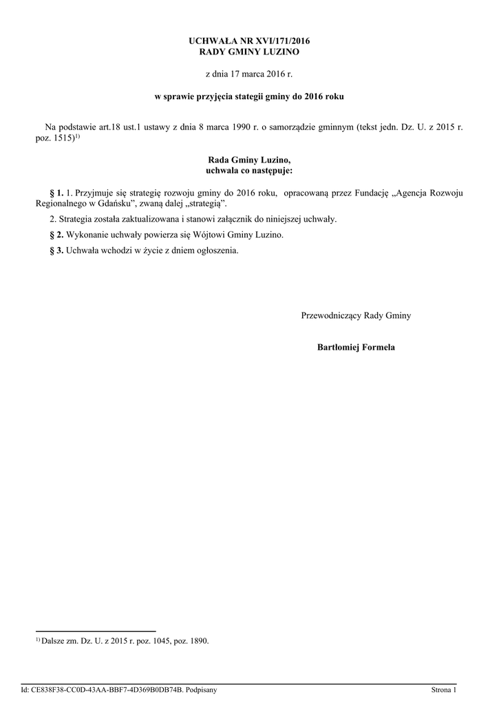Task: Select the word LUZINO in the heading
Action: coord(280,52)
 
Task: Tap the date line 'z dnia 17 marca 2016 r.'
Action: coord(249,73)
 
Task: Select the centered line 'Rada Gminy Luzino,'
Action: coord(249,159)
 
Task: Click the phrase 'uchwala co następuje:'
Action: coord(249,169)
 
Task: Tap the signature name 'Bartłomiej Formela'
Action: coord(356,347)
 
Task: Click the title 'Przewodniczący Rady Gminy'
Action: coord(356,315)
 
